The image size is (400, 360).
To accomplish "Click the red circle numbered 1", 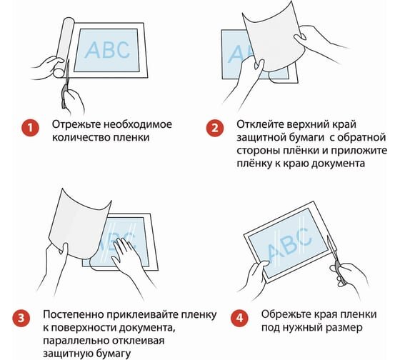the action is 30,127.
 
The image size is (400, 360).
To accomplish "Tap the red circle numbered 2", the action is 215,127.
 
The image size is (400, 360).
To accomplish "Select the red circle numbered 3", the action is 21,318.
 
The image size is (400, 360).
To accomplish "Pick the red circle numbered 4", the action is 239,318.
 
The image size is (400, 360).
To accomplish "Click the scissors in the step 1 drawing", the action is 66,84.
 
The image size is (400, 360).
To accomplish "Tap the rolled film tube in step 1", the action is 63,47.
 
